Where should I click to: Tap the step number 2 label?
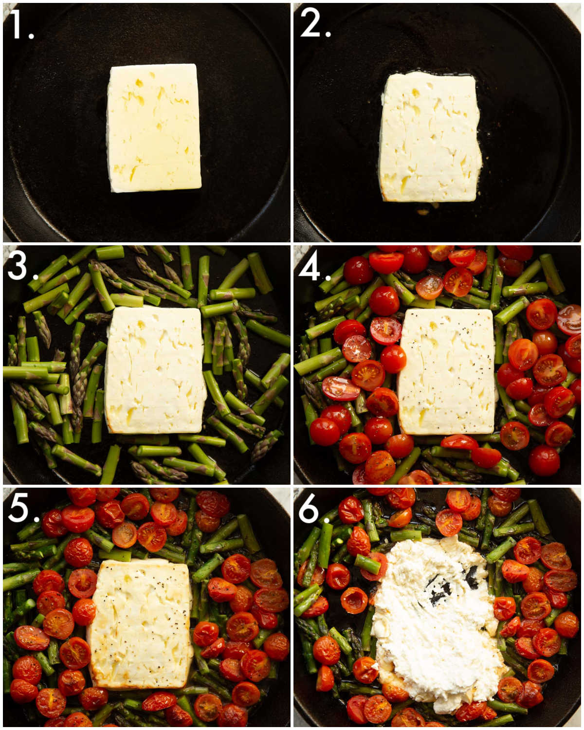coord(314,23)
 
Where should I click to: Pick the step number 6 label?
coord(311,510)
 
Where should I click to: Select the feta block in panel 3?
coord(155,370)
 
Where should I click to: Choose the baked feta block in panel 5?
coord(141,625)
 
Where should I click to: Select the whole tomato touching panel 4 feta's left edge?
coord(393,359)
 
